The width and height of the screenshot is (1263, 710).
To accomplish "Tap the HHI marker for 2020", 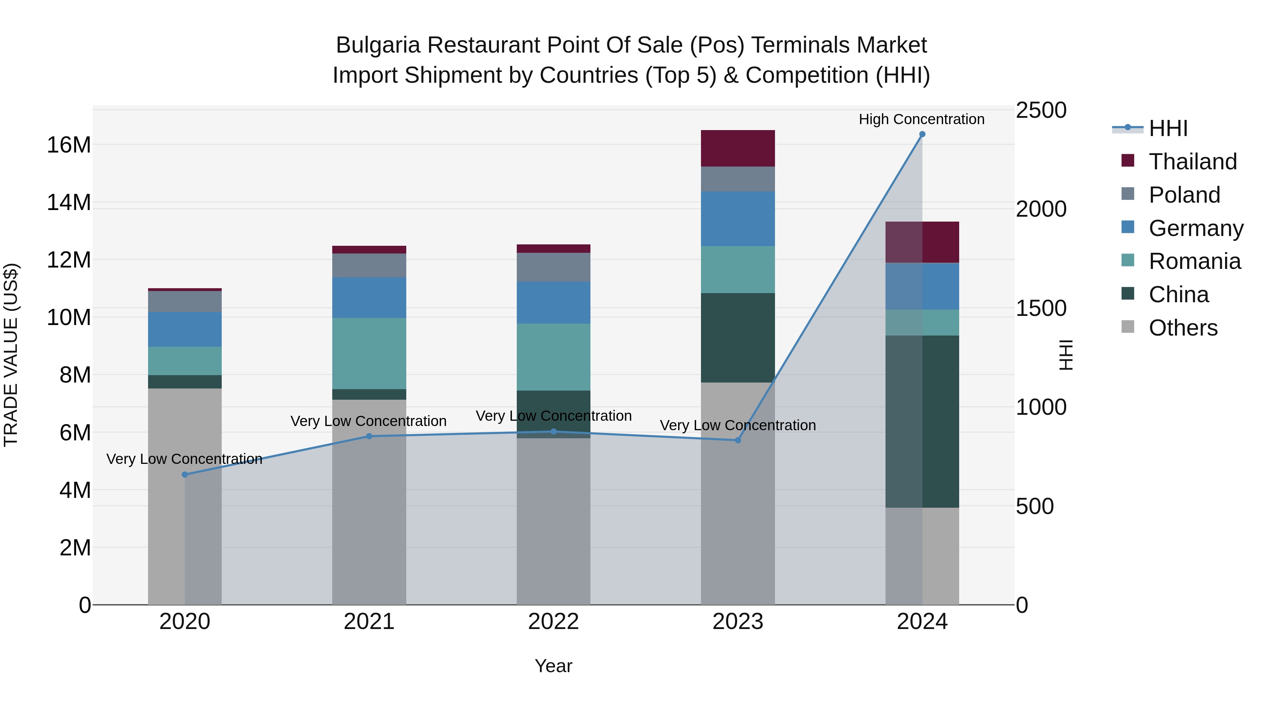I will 185,474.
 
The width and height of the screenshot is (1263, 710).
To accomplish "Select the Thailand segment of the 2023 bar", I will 737,148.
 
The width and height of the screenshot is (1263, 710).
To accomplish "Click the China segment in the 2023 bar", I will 737,338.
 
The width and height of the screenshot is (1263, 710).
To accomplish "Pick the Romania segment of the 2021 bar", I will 369,353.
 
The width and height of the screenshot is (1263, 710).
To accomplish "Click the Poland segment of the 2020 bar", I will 185,301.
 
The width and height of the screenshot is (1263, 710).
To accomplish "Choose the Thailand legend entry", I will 1192,162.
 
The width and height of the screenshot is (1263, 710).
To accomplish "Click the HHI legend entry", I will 1168,128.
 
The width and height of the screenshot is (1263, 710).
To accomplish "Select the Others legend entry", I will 1183,328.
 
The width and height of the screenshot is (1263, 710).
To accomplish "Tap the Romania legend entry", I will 1194,261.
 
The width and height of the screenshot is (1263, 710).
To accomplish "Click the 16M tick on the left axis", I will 69,145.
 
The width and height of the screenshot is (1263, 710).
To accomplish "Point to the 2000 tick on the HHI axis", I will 1041,209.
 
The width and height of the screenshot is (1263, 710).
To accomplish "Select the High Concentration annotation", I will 921,119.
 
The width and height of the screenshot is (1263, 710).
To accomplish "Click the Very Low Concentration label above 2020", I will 184,459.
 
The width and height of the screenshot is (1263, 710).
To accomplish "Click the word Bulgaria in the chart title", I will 377,45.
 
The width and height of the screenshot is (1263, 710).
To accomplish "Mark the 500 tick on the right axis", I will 1035,506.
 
